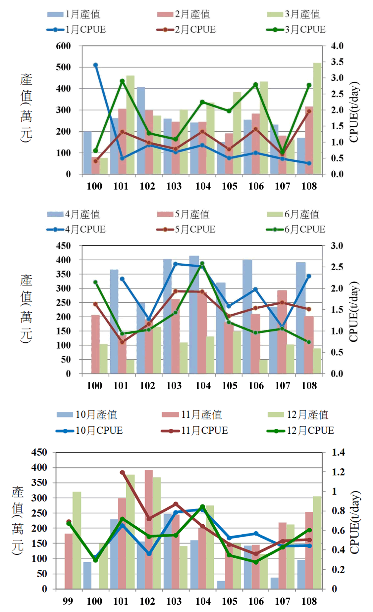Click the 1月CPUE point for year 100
[x=95, y=65]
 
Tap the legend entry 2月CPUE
[x=186, y=29]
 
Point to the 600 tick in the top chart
[x=63, y=46]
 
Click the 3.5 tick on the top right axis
[x=337, y=62]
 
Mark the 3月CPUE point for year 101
[x=122, y=81]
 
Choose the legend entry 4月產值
[x=73, y=214]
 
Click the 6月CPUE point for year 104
[x=202, y=264]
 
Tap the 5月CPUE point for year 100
[x=95, y=304]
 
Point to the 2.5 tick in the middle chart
[x=337, y=267]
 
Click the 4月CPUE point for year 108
[x=309, y=276]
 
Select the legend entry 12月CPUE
[x=300, y=431]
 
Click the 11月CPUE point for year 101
[x=122, y=472]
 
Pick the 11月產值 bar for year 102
[x=149, y=529]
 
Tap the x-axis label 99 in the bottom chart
[x=68, y=601]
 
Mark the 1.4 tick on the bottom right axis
[x=338, y=452]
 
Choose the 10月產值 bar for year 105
[x=221, y=585]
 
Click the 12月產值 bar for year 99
[x=77, y=540]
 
